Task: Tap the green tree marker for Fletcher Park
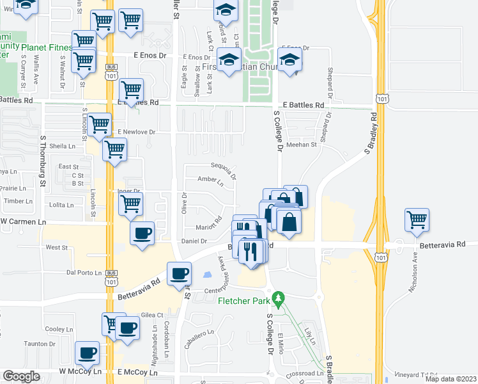point(277,298)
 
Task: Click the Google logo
point(20,376)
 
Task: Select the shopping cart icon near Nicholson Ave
point(417,220)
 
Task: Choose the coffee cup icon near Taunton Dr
point(87,352)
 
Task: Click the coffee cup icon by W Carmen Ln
point(142,232)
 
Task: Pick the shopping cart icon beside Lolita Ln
point(130,204)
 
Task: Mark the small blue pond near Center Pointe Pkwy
point(207,275)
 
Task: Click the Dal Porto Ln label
point(84,272)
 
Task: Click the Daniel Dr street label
point(194,241)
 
